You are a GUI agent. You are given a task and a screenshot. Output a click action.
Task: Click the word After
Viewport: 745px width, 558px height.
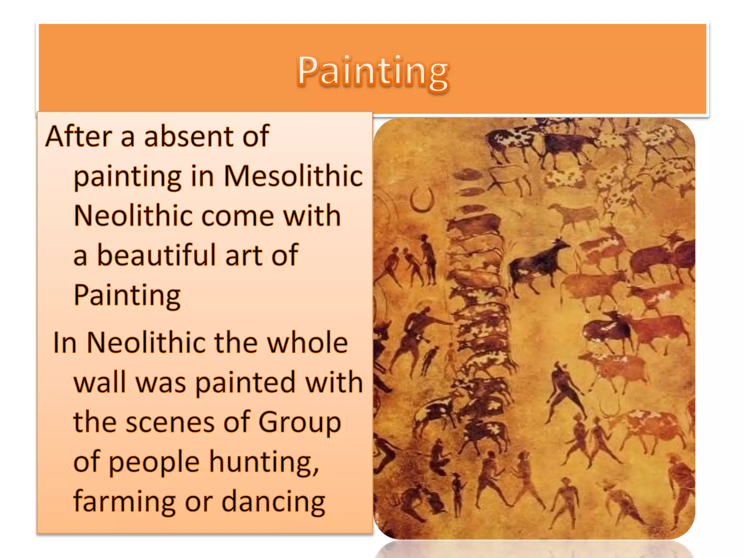click(x=79, y=136)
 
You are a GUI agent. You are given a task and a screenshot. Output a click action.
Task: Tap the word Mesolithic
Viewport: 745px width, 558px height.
click(x=293, y=176)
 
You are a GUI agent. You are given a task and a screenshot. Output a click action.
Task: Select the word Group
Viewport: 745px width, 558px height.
click(x=299, y=422)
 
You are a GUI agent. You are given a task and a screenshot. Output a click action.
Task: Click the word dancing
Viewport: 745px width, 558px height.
click(x=273, y=502)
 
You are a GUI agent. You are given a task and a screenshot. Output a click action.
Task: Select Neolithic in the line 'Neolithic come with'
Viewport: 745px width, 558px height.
click(x=133, y=216)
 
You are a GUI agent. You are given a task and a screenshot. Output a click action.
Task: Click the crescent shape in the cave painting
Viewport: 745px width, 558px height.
click(x=422, y=200)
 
